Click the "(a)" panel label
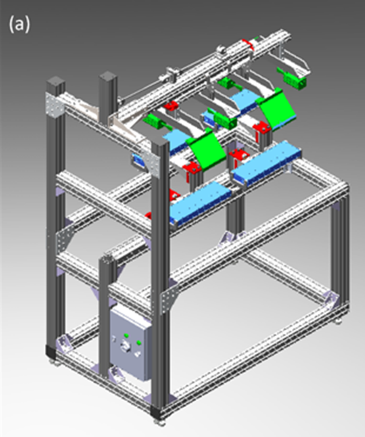19,25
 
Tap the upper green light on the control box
126,335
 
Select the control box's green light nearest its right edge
138,343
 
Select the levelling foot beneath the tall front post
158,422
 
